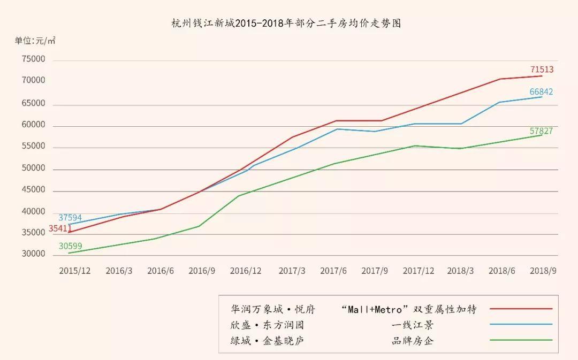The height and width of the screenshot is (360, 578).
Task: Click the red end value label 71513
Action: [542, 70]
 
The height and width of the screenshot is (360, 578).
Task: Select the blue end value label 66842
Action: [541, 92]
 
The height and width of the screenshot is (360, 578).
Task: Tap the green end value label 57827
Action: [541, 131]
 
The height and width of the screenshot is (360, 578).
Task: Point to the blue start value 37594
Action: [70, 218]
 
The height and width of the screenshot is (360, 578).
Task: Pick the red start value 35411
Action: [60, 228]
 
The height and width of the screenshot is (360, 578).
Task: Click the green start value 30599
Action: [70, 247]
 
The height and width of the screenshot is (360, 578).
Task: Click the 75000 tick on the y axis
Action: [33, 59]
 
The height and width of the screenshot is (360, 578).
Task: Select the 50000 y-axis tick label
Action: [33, 168]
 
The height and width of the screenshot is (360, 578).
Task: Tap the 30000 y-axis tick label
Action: [33, 254]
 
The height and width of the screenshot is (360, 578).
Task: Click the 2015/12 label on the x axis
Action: [74, 271]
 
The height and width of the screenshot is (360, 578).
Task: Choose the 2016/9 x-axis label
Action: [201, 271]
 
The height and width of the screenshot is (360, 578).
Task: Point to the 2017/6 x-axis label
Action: [333, 271]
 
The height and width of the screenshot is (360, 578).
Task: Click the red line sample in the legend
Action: [520, 309]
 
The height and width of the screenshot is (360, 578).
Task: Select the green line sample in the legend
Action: [520, 340]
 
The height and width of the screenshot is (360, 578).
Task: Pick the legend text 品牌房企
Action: [412, 341]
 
